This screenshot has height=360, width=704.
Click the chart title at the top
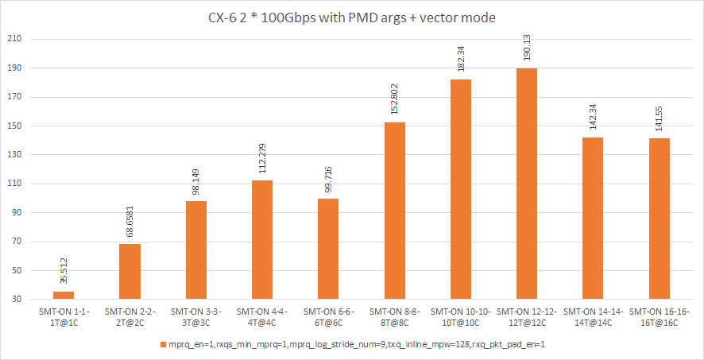(351, 17)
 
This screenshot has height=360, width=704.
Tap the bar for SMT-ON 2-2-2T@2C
(130, 272)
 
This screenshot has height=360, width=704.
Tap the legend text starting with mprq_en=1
(355, 344)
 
